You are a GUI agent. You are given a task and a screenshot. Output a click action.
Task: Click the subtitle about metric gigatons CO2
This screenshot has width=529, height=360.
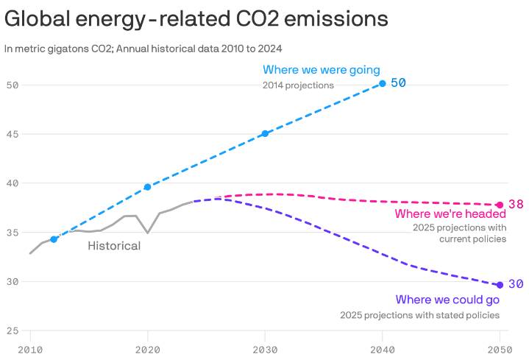(x=143, y=49)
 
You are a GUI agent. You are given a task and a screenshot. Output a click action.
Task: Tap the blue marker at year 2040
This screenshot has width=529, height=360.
(x=382, y=83)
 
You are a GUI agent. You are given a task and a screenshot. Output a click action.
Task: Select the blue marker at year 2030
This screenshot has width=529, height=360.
(x=265, y=133)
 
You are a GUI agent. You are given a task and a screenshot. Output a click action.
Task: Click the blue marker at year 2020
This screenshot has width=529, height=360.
(x=147, y=187)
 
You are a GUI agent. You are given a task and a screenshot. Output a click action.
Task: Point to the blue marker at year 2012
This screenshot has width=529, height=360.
(x=54, y=239)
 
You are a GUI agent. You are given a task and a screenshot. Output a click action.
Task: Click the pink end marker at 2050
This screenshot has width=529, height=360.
(x=500, y=205)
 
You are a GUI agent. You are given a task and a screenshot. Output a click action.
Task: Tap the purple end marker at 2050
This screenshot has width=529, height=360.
(x=500, y=285)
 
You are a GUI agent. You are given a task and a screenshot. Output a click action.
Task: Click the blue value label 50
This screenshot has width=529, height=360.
(x=398, y=82)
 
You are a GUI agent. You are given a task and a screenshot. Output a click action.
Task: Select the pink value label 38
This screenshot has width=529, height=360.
(x=516, y=204)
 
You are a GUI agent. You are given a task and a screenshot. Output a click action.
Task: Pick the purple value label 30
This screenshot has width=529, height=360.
(x=516, y=284)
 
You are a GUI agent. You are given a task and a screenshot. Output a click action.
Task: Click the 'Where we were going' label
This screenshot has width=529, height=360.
(x=322, y=70)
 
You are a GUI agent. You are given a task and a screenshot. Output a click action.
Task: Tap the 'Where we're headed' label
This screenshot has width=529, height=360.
(x=450, y=213)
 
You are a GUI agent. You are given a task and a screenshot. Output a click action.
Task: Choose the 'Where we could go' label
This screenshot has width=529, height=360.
(x=447, y=300)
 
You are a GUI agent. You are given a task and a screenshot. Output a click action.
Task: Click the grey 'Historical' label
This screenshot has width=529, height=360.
(x=114, y=246)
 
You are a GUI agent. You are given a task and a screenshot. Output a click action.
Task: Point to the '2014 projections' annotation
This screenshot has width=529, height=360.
(x=298, y=85)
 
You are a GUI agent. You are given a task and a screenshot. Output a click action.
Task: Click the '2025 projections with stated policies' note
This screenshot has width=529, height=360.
(x=419, y=315)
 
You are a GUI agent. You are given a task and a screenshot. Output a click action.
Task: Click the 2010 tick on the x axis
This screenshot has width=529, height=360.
(x=30, y=348)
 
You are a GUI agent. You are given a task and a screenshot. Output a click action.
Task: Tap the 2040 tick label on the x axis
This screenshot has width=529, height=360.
(x=383, y=348)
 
